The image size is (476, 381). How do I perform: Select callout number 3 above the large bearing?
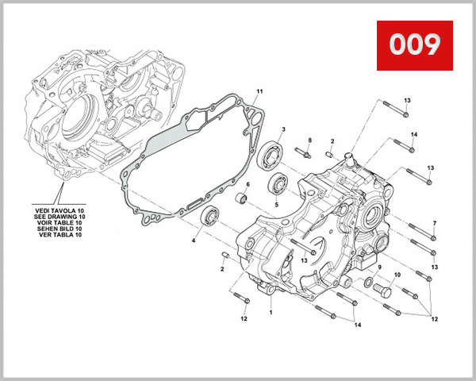point(282,129)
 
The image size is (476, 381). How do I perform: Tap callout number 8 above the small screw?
point(310,140)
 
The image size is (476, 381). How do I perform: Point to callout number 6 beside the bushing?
point(247,185)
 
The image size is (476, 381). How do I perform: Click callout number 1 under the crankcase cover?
point(270,312)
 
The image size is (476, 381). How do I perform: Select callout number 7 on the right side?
point(434,222)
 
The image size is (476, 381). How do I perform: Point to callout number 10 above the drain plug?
point(397,275)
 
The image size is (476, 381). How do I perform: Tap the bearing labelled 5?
point(277,186)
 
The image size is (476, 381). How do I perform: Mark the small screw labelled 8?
point(301,151)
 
